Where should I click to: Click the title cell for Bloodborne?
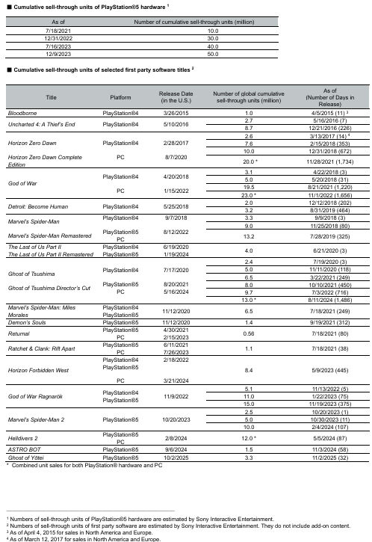coord(22,112)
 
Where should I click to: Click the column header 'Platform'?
coord(120,97)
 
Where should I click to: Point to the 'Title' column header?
coord(51,97)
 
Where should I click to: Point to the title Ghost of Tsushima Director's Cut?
coord(49,288)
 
